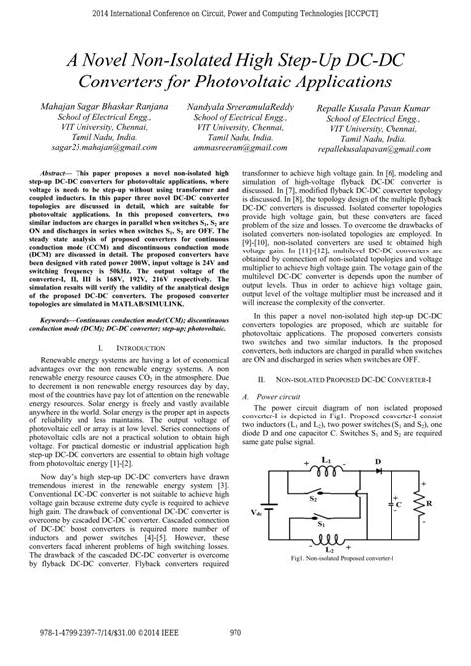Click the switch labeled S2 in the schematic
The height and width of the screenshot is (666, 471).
click(321, 543)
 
